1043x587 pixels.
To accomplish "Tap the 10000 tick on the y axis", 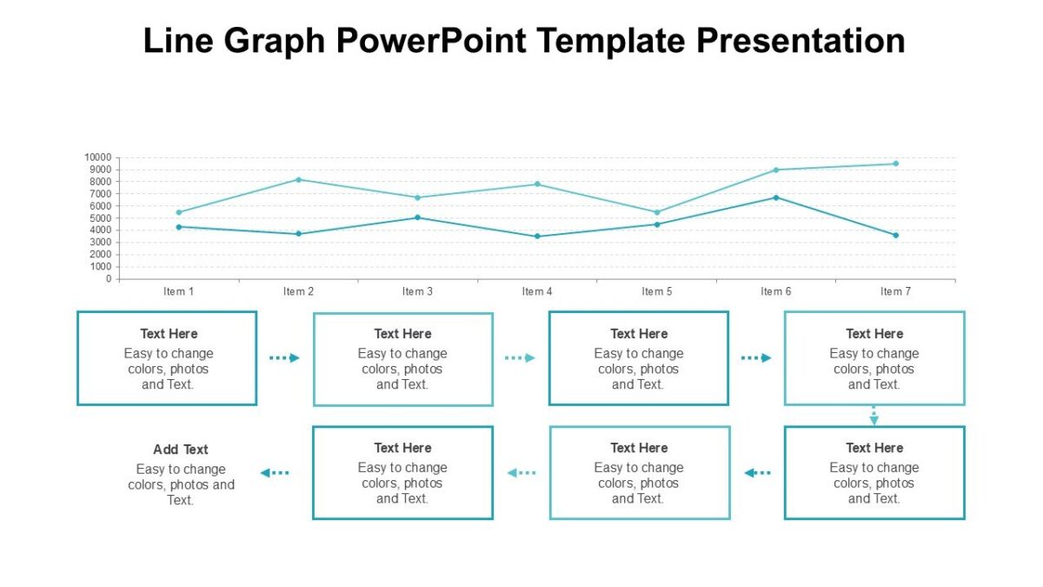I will coord(97,157).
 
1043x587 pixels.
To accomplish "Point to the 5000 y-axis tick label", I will coord(100,218).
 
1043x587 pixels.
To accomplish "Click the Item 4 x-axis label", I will coord(537,291).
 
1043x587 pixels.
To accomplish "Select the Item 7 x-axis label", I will coord(895,291).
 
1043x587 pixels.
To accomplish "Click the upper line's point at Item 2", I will coord(299,179).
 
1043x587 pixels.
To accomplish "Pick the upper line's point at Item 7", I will coord(896,163).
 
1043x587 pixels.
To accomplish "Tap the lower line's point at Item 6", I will coord(776,197).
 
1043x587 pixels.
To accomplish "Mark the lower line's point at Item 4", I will coord(537,237).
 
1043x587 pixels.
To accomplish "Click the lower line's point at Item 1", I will coord(179,227).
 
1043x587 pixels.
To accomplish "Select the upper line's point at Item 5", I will coord(657,212).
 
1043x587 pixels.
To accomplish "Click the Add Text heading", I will coord(181,450).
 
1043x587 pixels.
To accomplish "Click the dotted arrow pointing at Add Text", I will coord(275,472).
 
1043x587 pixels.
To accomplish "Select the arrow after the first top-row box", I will coord(284,357).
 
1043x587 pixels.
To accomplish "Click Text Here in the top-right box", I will coord(874,334).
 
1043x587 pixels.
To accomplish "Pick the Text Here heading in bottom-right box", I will coord(874,448).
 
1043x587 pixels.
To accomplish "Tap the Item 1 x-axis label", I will coord(179,291).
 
